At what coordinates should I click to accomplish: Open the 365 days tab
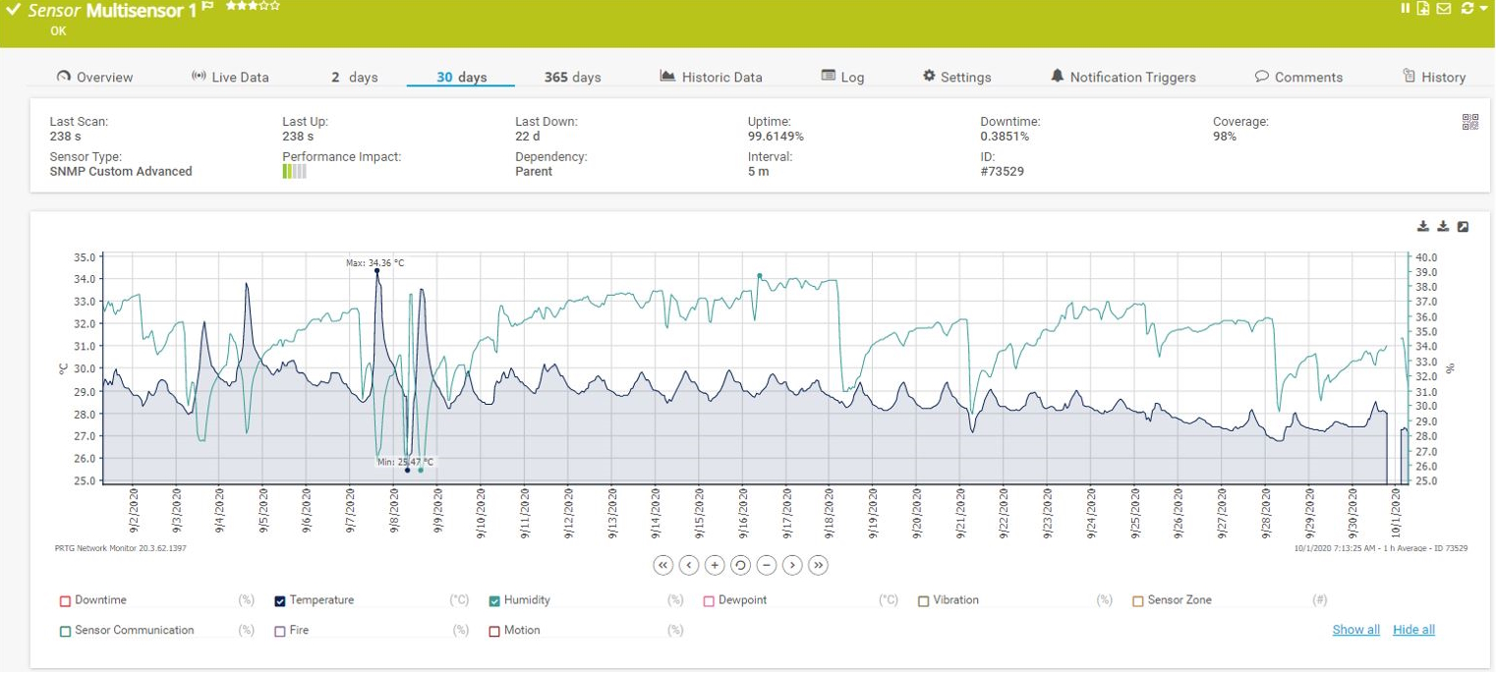(x=572, y=77)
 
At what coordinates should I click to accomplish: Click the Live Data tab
(x=229, y=77)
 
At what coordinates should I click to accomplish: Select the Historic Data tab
(x=711, y=77)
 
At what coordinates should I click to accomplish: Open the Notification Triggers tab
(x=1122, y=77)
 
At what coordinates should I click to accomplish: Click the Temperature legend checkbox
(x=280, y=600)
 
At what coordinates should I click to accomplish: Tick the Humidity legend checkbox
(x=494, y=600)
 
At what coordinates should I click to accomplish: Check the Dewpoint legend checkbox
(x=709, y=600)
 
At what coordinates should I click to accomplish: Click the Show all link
(x=1355, y=630)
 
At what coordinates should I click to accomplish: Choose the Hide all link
(x=1413, y=630)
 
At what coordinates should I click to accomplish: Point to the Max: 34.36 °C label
(x=374, y=262)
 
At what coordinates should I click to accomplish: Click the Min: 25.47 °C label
(x=405, y=462)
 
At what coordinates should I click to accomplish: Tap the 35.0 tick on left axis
(x=84, y=257)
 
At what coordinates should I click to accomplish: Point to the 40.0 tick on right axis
(x=1425, y=257)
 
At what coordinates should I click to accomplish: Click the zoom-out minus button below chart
(x=767, y=565)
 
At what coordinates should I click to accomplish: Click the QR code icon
(x=1470, y=122)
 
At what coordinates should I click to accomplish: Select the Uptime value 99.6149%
(x=776, y=137)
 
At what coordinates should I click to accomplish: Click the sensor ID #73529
(x=1002, y=171)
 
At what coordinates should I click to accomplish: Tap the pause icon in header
(x=1406, y=8)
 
